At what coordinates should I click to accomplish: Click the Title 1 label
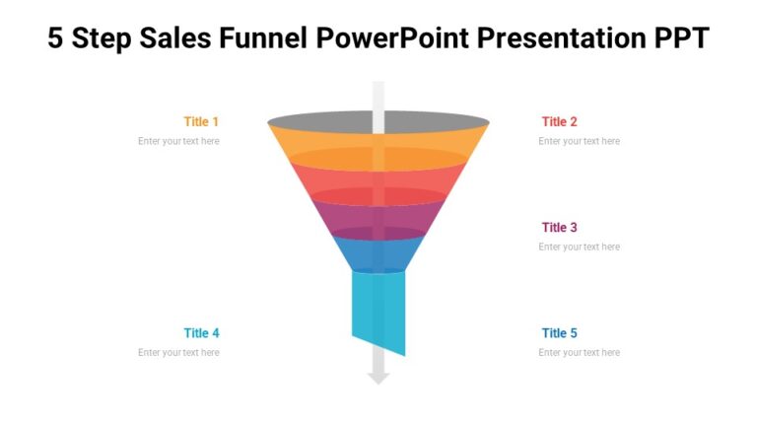pos(201,121)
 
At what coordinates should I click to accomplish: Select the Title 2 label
pos(559,121)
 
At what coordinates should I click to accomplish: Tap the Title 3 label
pos(559,227)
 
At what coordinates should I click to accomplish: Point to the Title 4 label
pos(201,332)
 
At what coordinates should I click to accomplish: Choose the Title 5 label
pos(559,332)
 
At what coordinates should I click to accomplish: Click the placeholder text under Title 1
pos(178,141)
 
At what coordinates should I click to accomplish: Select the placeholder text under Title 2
pos(579,141)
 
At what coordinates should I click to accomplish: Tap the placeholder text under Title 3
pos(579,247)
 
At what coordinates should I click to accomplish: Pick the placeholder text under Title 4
pos(178,352)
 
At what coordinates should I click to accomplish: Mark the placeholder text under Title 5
pos(579,352)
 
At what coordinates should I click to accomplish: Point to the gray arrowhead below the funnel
pos(378,377)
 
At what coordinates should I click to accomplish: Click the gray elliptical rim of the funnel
pos(325,122)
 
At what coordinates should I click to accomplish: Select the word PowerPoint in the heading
pos(391,38)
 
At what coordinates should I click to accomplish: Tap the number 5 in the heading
pos(55,38)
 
